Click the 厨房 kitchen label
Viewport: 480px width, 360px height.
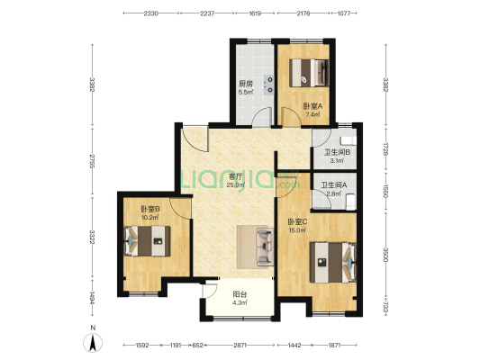click(246, 84)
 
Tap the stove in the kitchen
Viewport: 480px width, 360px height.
click(269, 85)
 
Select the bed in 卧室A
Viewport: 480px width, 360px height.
click(309, 73)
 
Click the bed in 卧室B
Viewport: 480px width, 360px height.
click(147, 241)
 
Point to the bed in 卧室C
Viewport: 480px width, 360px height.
click(333, 263)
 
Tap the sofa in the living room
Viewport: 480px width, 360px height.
click(265, 247)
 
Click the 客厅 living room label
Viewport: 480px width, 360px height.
click(236, 176)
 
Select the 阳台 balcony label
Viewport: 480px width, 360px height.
click(240, 294)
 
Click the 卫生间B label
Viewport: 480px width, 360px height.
click(338, 152)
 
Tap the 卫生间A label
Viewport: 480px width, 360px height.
click(334, 185)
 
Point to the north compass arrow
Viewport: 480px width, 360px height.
click(93, 343)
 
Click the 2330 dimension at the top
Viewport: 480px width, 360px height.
click(151, 13)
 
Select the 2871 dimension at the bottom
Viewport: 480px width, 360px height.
click(240, 346)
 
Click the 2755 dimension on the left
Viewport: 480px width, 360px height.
click(92, 161)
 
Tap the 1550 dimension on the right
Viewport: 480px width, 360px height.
click(385, 192)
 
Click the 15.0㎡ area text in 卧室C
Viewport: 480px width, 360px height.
click(297, 230)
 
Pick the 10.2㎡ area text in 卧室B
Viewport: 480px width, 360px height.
click(150, 218)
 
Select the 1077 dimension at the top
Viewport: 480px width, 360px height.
click(344, 13)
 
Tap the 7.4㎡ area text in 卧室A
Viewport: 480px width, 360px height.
click(312, 114)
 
